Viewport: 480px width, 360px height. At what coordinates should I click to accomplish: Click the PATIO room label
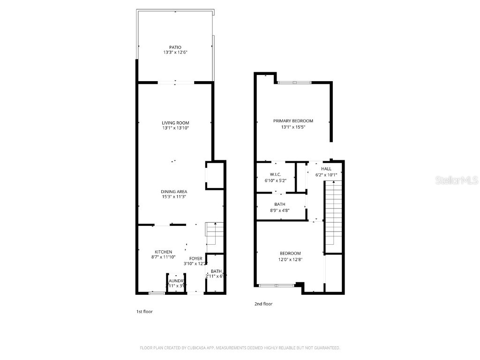pos(175,47)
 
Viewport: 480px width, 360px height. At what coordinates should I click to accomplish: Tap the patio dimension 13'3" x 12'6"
pos(175,52)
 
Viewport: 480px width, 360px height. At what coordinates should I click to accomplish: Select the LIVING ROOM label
pos(175,123)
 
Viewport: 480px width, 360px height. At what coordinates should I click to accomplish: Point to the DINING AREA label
pos(174,192)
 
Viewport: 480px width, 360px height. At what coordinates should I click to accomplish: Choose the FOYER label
pos(195,258)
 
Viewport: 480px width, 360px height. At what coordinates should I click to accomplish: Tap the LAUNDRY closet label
pos(176,281)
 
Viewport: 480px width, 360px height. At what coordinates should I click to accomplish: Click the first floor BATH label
pos(216,271)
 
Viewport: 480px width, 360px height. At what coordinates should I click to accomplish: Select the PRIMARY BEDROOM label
pos(293,121)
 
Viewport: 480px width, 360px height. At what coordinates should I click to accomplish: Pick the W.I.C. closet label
pos(275,174)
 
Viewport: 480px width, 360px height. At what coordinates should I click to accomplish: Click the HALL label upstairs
pos(326,169)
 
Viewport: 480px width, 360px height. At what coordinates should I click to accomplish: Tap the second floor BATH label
pos(279,204)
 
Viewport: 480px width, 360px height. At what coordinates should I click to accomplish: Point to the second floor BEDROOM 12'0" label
pos(290,254)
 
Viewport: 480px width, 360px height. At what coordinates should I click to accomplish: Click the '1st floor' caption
pos(144,312)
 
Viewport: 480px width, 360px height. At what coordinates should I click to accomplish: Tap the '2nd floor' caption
pos(263,304)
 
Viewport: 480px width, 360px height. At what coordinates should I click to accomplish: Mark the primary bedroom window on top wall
pos(294,83)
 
